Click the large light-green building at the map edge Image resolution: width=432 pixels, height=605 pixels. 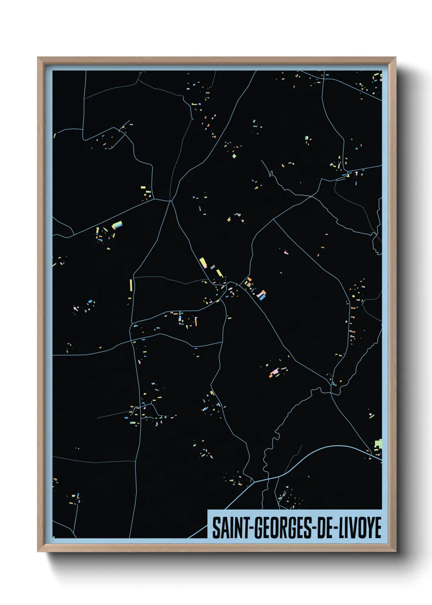tap(379, 444)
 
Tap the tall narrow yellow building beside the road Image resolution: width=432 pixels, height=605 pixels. tap(131, 285)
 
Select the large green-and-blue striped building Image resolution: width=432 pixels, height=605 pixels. tap(117, 225)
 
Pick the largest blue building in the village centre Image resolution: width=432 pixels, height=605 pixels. tap(262, 296)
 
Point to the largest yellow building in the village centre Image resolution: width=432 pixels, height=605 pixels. tap(203, 262)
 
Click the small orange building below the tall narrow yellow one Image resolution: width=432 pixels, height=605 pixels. tap(130, 298)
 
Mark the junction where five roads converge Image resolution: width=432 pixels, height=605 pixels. tap(171, 200)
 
